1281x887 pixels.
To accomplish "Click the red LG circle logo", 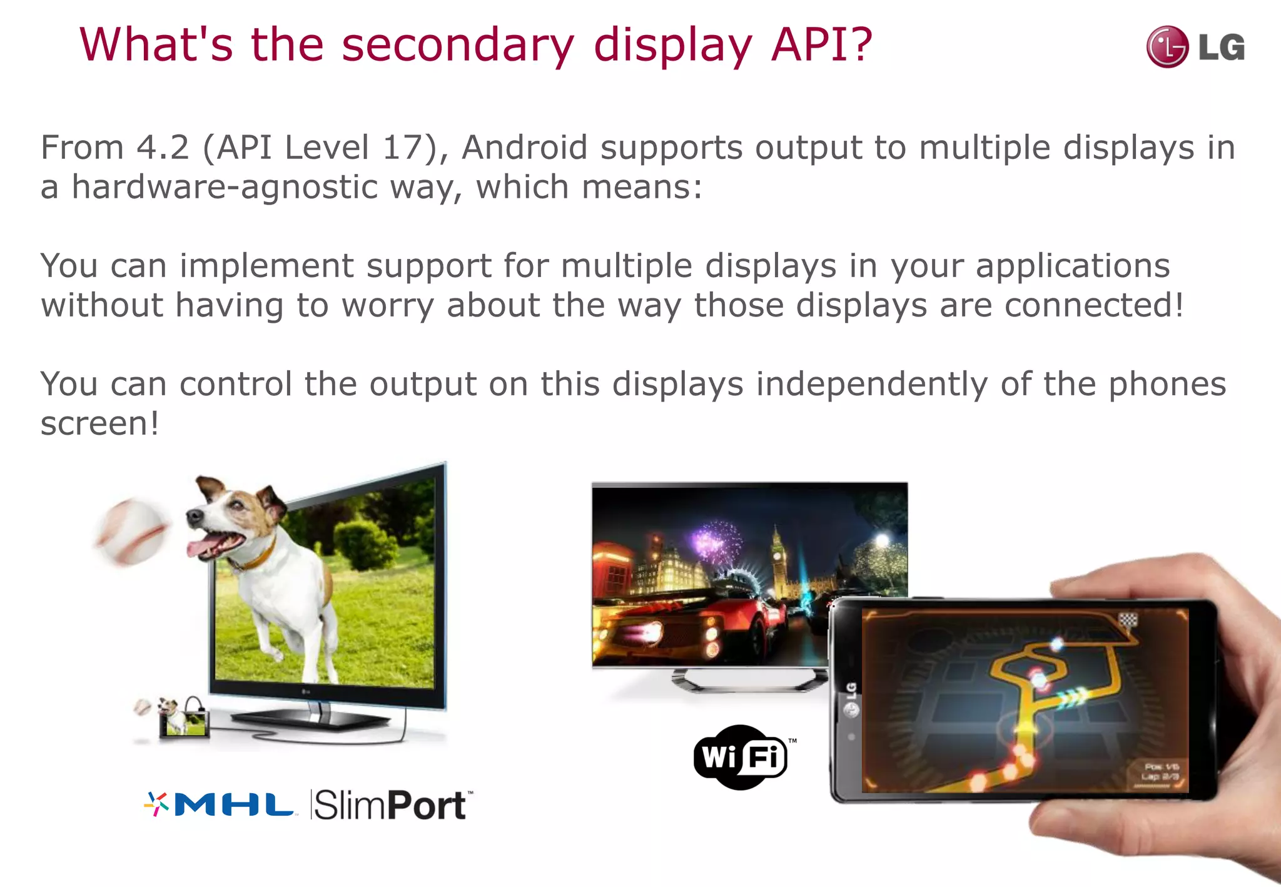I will point(1167,47).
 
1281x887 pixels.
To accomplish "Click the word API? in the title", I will point(821,45).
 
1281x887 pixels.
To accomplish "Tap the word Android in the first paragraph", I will point(524,148).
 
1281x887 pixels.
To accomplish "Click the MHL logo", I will point(220,804).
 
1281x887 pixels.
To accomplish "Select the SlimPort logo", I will point(392,805).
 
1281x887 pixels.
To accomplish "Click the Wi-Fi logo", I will point(741,757).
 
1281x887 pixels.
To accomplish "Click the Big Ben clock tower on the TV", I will point(779,557).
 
